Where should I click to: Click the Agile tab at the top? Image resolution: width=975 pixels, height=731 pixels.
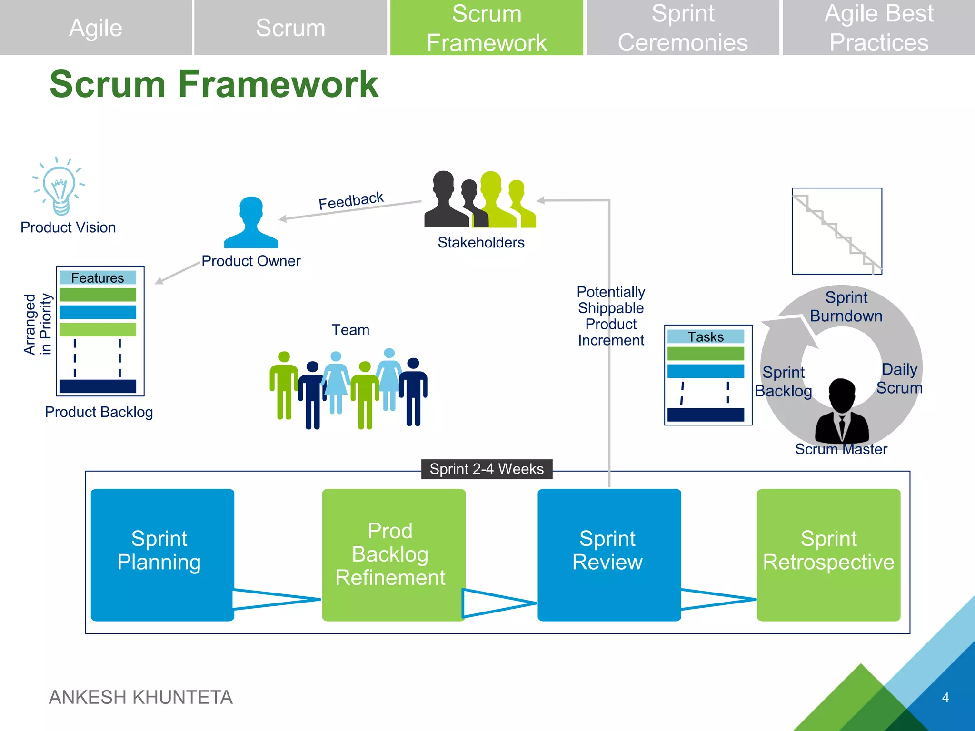[96, 28]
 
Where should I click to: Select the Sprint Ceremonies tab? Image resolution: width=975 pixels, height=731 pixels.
[682, 28]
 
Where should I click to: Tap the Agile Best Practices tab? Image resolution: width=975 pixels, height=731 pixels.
[878, 28]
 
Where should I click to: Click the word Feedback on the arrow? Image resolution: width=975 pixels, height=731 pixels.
[351, 201]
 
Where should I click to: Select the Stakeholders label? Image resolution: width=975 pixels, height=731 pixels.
[481, 243]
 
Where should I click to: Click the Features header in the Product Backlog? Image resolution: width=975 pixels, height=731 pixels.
[98, 278]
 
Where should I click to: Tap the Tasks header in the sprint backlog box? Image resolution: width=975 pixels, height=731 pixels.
[706, 337]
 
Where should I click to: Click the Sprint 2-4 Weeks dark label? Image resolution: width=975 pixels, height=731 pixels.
[487, 469]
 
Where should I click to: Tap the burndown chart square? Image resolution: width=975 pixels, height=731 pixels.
[837, 231]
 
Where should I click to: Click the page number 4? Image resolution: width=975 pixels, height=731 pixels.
[945, 698]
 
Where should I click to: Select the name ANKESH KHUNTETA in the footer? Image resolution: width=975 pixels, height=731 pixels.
[141, 698]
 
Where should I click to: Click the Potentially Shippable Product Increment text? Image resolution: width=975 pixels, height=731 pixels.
[611, 316]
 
